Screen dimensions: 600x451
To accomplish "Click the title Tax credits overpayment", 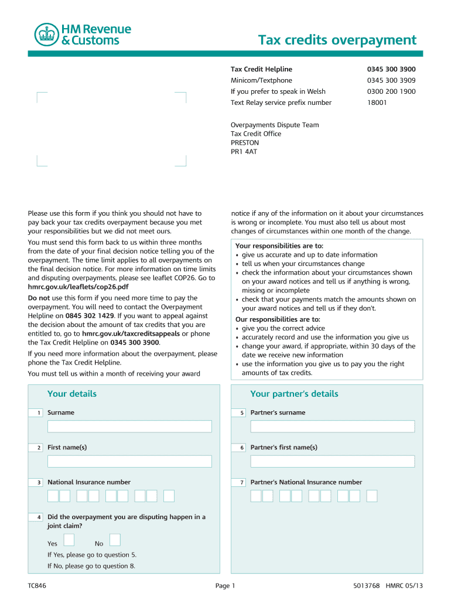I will coord(337,40).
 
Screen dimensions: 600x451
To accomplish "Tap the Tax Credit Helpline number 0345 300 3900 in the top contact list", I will coord(391,69).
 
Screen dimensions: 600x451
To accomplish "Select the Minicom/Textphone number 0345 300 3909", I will coord(391,80).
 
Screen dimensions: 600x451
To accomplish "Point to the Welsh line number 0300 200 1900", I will coord(391,91).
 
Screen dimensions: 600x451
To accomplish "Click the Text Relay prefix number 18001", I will coord(377,103).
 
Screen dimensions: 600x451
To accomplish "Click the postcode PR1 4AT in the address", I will coord(244,151).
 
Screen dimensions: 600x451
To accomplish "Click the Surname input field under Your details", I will coord(129,427).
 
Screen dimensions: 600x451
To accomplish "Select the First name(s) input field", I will coord(129,461).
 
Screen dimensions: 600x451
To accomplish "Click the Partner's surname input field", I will coord(332,427).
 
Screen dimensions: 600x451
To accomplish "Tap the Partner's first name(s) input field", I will coord(332,461).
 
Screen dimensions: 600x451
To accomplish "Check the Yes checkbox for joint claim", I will coord(69,540).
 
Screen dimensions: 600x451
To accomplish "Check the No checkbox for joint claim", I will coord(115,540).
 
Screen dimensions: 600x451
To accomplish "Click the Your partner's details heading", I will coord(294,394).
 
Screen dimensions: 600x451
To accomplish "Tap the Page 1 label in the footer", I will coord(225,586).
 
